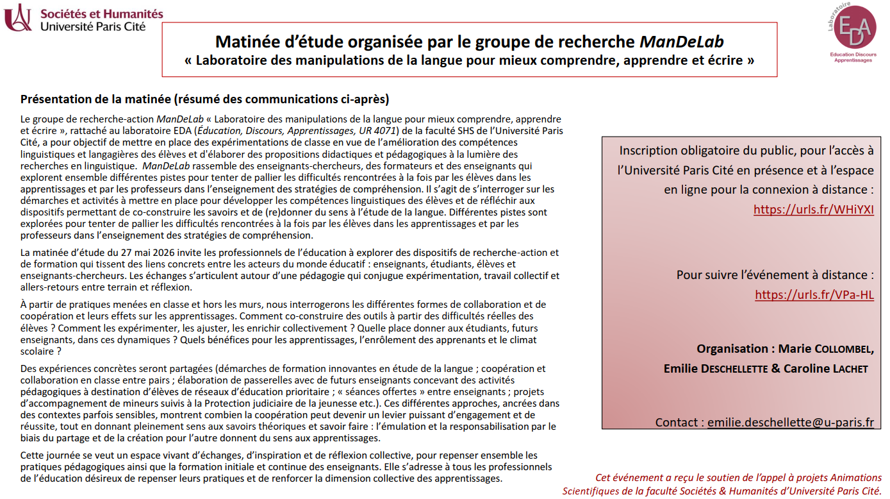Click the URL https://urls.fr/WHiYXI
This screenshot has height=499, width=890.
(x=813, y=210)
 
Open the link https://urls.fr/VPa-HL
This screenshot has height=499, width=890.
(x=814, y=295)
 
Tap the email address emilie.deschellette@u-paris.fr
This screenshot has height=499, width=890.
(x=791, y=422)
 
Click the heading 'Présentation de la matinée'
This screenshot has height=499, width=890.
(x=204, y=99)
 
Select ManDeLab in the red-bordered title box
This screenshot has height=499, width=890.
(x=682, y=42)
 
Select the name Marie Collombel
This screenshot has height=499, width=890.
(x=825, y=349)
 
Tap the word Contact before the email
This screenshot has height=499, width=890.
(x=679, y=422)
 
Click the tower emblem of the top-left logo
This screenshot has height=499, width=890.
(x=17, y=17)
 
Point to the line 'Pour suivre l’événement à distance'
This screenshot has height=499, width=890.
(x=775, y=275)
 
